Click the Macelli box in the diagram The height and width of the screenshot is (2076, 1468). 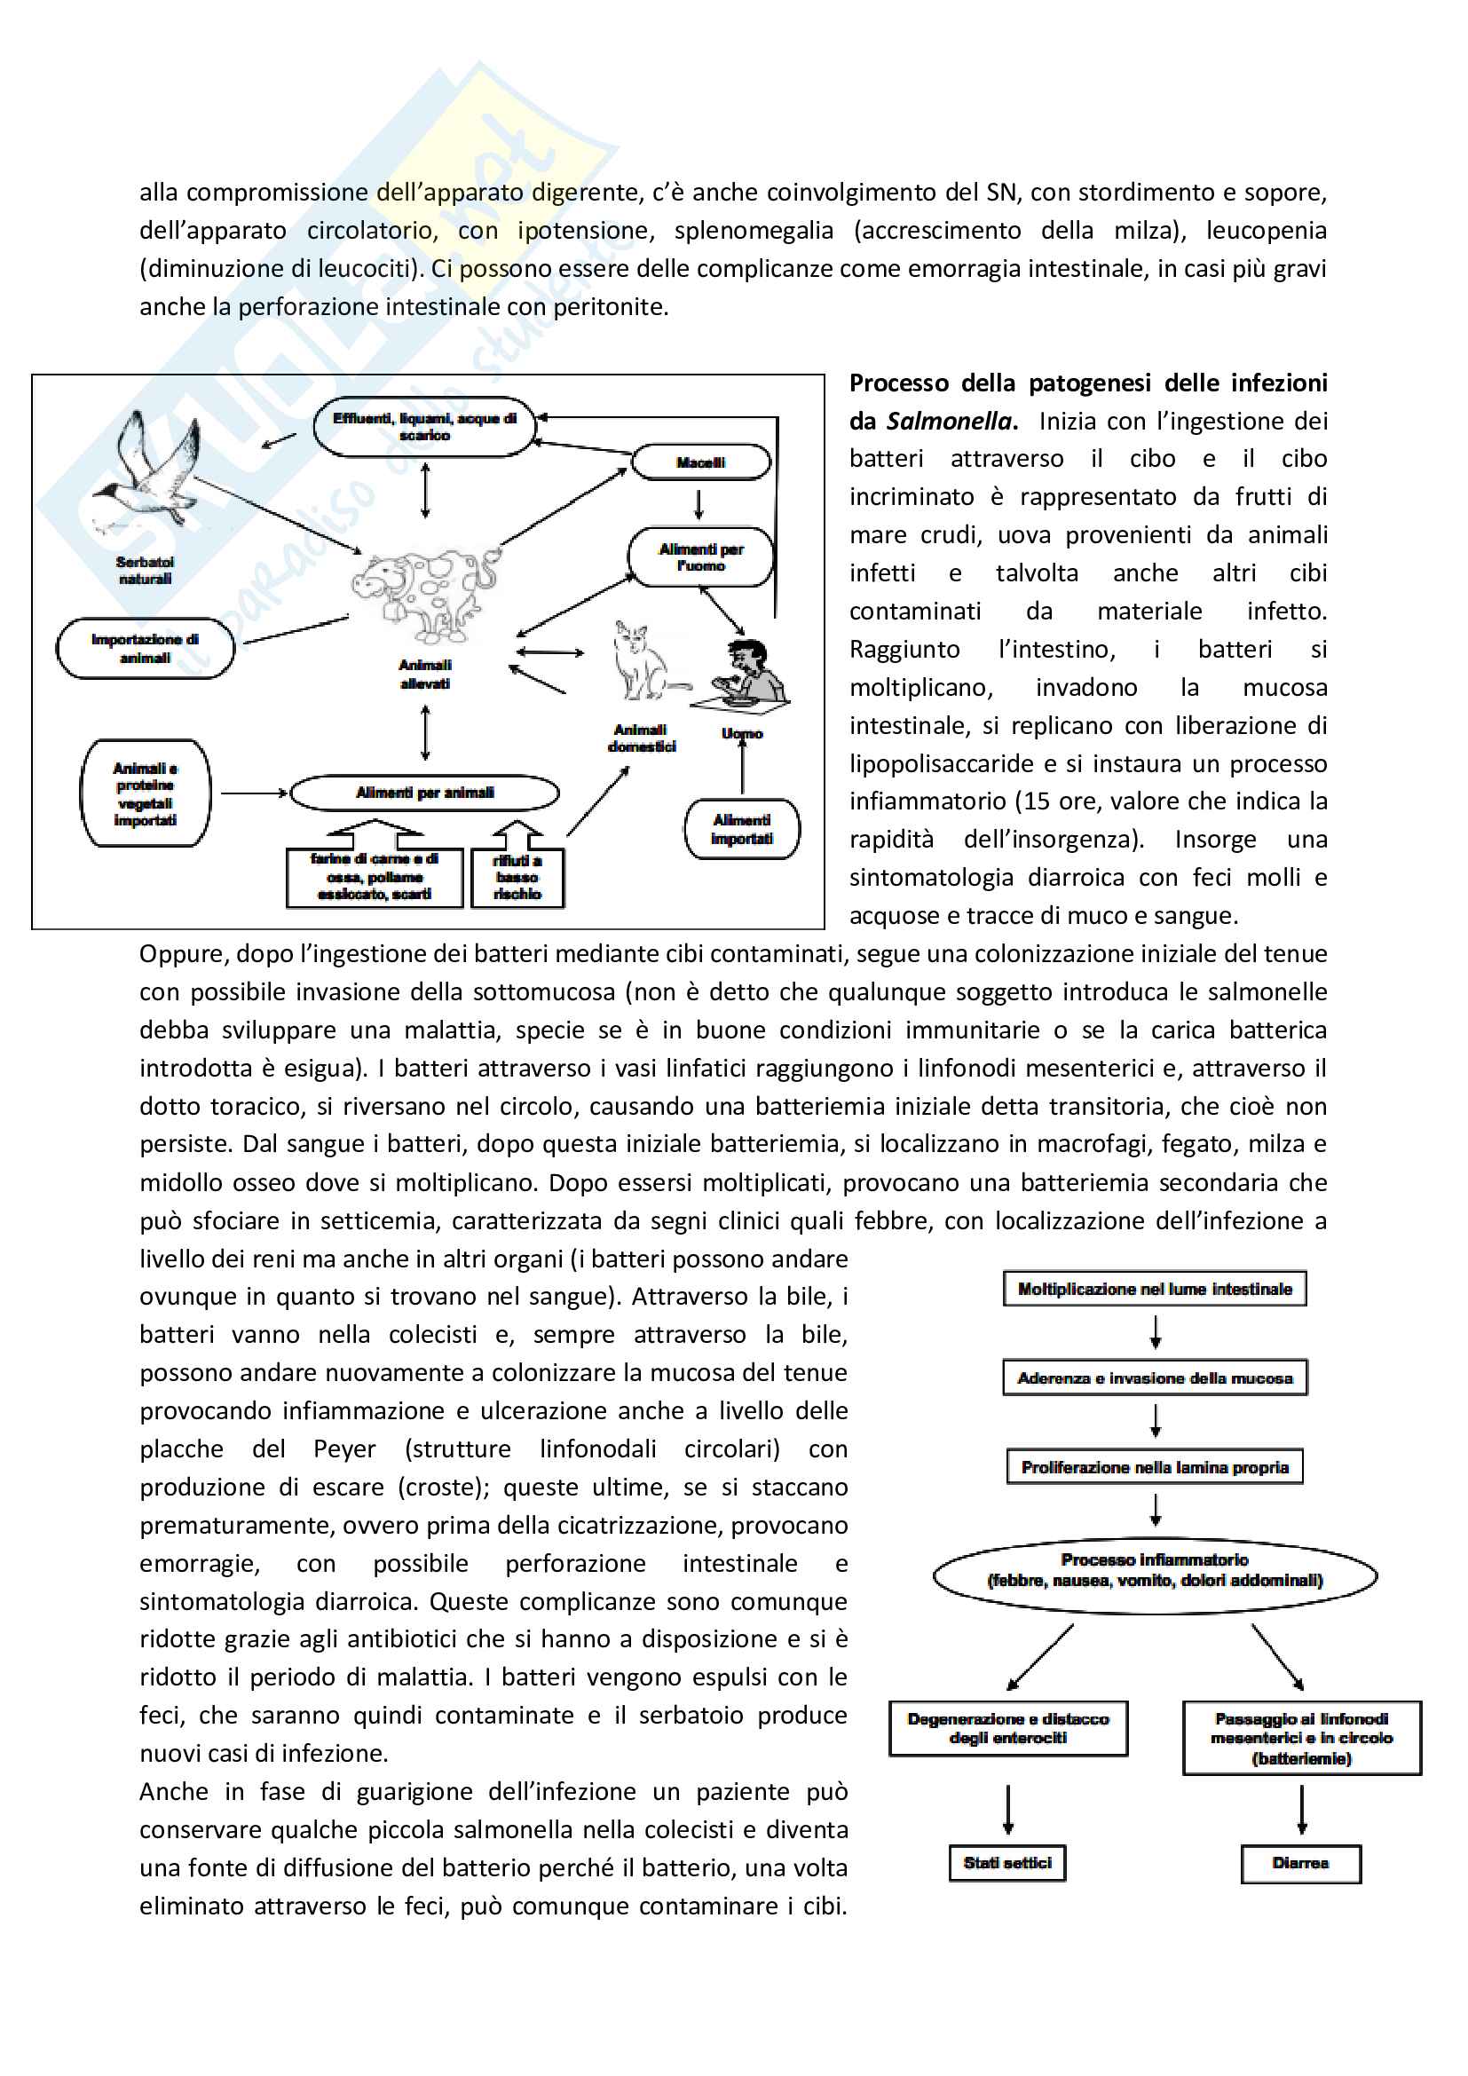tap(700, 462)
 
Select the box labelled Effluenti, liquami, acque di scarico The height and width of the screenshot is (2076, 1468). tap(424, 427)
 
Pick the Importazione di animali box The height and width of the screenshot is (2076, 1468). tap(145, 648)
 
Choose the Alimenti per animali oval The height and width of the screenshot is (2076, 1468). tap(424, 793)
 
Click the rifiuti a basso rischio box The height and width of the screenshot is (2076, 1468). tap(517, 877)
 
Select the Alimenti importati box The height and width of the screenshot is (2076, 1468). tap(741, 829)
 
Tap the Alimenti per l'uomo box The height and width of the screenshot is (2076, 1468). tap(700, 557)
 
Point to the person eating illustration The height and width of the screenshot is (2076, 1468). tap(746, 674)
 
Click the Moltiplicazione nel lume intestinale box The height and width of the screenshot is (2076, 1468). tap(1155, 1289)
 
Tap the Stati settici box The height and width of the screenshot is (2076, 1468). tap(1007, 1863)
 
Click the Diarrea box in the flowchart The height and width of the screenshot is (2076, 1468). tap(1301, 1864)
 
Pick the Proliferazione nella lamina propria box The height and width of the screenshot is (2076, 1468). tap(1155, 1466)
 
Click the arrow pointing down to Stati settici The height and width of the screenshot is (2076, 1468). tap(1008, 1809)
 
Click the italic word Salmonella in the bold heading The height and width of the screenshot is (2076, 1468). tap(948, 422)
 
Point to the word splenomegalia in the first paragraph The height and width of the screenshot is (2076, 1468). tap(753, 231)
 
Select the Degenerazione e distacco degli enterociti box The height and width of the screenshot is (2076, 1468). tap(1008, 1728)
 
